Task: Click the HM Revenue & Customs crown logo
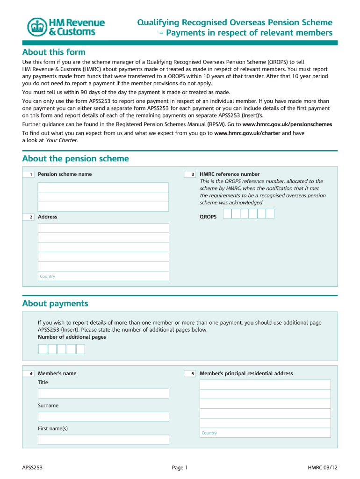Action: (37, 27)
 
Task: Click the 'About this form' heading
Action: (54, 52)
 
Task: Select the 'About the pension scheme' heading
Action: (75, 159)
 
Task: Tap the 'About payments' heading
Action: (55, 304)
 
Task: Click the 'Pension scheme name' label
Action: (65, 174)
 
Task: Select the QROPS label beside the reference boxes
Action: (208, 217)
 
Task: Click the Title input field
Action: (103, 393)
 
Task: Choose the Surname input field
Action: (103, 416)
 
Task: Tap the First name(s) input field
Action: (103, 440)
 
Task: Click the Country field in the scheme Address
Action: (103, 276)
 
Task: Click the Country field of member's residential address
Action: (265, 433)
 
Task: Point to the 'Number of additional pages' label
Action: (72, 337)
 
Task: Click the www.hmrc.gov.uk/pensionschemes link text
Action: (288, 124)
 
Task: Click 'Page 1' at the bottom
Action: (180, 467)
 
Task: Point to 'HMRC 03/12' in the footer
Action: (323, 467)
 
